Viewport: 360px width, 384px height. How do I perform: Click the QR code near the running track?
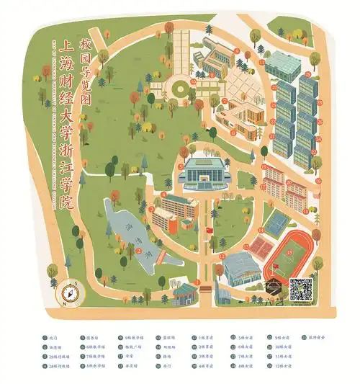(x=301, y=290)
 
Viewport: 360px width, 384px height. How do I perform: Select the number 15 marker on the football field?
(x=289, y=253)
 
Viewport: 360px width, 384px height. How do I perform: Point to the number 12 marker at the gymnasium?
(x=222, y=256)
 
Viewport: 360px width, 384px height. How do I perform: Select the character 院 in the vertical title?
(x=68, y=202)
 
